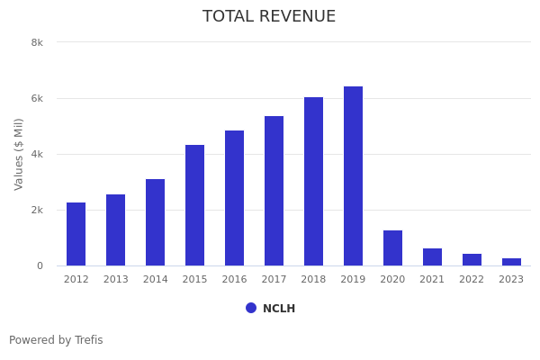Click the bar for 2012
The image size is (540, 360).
[76, 234]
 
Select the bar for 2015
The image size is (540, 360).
[195, 205]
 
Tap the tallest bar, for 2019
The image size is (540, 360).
[354, 175]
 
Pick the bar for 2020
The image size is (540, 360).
[393, 248]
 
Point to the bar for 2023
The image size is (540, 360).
[511, 262]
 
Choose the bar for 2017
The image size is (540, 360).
[274, 191]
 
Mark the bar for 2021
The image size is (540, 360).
[433, 257]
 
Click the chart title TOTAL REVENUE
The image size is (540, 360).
[269, 17]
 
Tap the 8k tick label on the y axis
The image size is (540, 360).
[37, 42]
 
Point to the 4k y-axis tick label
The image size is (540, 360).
[37, 154]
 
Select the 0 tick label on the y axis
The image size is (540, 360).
[40, 265]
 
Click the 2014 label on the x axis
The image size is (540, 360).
[156, 280]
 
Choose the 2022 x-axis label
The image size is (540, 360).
[472, 280]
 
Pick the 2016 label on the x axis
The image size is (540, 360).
[235, 280]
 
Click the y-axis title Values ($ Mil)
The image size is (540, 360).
[19, 154]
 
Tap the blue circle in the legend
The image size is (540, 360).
[251, 308]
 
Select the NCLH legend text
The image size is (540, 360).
[279, 309]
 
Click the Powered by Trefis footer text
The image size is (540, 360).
[56, 340]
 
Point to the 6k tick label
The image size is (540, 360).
[37, 98]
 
